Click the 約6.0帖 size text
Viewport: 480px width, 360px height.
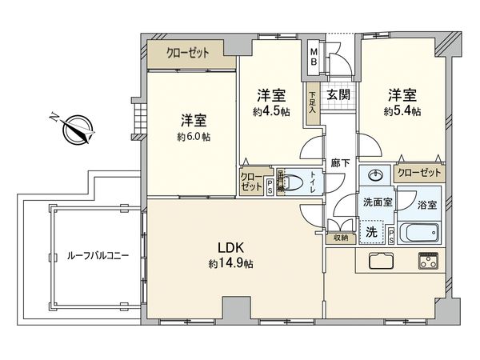194,137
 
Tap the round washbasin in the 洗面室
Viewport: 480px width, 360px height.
376,175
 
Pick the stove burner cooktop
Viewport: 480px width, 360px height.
428,262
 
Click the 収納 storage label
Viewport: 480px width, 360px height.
342,238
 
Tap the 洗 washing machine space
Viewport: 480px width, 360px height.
371,231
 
